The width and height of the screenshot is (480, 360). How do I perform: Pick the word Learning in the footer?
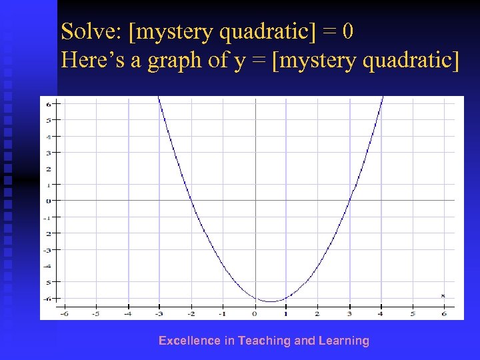click(343, 341)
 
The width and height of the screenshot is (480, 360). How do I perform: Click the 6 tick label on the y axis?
click(49, 103)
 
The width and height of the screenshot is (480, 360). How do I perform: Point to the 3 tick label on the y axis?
click(49, 152)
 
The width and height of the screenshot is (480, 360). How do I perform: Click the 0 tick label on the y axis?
click(49, 200)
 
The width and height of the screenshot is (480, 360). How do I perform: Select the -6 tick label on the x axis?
click(64, 313)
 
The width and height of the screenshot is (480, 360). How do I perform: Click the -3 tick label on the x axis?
click(159, 313)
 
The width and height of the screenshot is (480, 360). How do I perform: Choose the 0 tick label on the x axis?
click(254, 313)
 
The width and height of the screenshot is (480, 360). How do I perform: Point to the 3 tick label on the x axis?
click(349, 313)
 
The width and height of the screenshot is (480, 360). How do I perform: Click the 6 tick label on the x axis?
click(444, 313)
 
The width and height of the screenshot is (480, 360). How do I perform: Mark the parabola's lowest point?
click(270, 301)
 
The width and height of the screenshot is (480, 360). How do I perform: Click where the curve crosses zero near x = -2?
click(191, 200)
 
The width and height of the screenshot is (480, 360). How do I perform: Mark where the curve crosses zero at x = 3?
click(349, 200)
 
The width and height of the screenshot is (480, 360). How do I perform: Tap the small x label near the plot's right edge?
click(443, 295)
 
